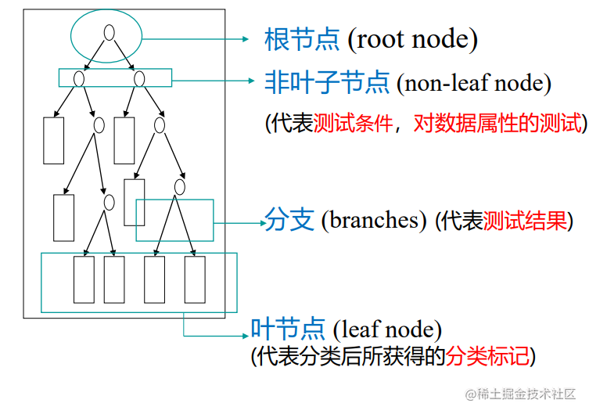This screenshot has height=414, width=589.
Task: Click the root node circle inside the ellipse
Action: (x=110, y=33)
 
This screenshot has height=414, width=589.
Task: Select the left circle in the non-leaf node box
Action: (x=78, y=78)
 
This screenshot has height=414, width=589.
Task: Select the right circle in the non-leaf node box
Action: (x=139, y=78)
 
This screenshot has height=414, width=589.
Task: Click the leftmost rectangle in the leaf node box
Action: (x=84, y=279)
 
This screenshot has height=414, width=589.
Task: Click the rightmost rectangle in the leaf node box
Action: (x=195, y=279)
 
